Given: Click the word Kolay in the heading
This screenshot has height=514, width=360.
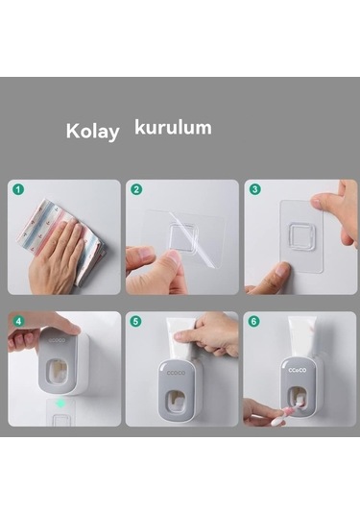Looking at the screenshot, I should click(x=92, y=131).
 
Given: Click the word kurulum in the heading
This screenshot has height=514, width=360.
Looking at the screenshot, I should click(x=173, y=127).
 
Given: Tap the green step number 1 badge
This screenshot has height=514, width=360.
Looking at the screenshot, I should click(x=18, y=190).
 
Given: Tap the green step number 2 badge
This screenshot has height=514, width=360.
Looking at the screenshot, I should click(x=136, y=190).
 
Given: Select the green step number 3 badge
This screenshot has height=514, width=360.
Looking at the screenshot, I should click(x=254, y=190).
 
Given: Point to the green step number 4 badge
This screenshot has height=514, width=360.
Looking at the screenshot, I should click(x=18, y=321).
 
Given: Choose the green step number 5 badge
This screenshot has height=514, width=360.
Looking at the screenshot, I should click(x=136, y=321).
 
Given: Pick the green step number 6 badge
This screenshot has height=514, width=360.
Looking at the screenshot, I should click(x=254, y=321).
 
